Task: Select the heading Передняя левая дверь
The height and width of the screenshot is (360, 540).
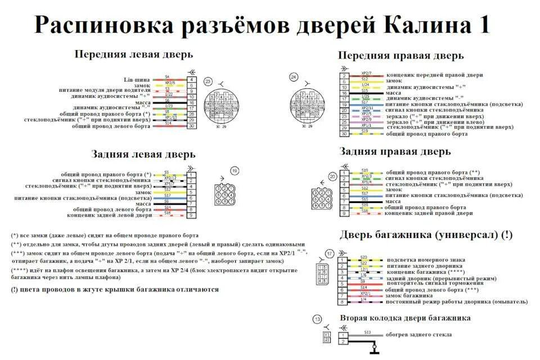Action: (133, 55)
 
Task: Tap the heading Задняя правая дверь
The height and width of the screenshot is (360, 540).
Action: (395, 151)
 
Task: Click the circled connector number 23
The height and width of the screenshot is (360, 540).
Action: (208, 81)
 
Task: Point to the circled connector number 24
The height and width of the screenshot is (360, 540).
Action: (293, 76)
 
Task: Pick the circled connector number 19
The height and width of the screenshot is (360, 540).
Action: (235, 170)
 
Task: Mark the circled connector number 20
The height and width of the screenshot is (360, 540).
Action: (332, 176)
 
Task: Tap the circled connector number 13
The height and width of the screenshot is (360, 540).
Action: (318, 320)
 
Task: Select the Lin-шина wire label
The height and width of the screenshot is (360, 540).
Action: (137, 79)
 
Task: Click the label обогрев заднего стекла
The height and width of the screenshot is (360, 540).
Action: (418, 335)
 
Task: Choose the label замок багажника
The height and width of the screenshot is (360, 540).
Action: (409, 295)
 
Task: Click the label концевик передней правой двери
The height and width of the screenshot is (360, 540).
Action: (434, 75)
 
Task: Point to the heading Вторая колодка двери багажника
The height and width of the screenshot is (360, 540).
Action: (405, 318)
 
